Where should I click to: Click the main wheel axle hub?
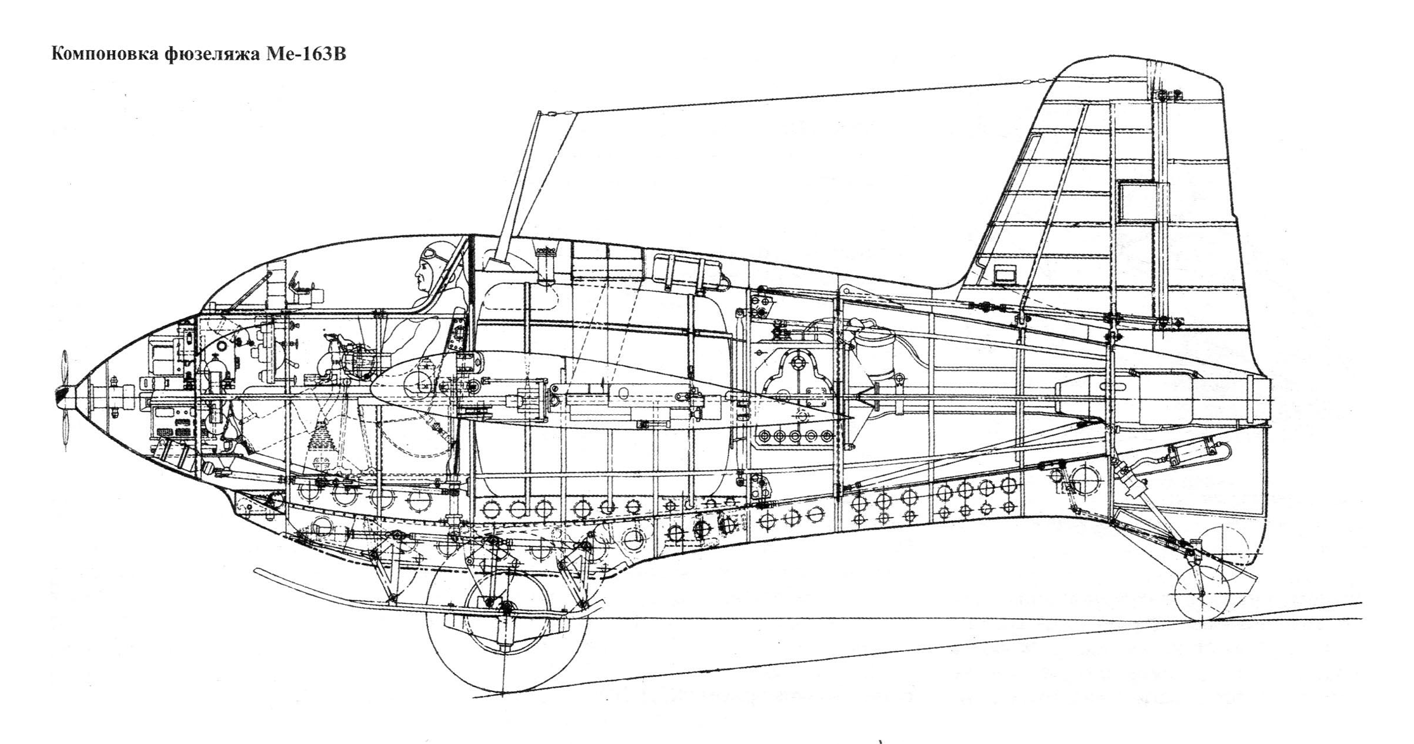click(x=505, y=608)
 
